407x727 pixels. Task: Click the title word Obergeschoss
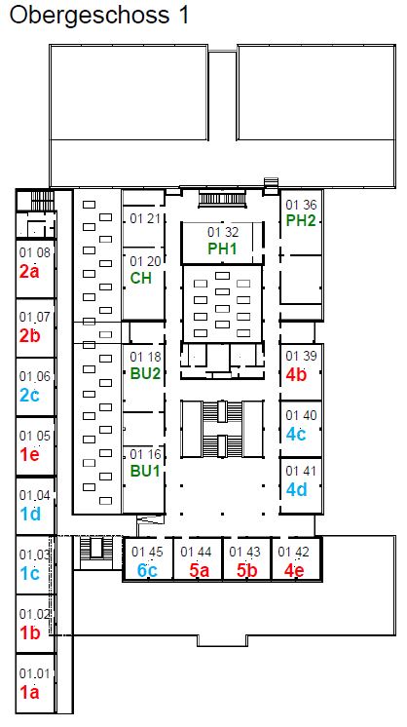pos(90,17)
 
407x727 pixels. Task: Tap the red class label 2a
pos(29,272)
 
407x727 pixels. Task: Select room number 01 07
pos(34,317)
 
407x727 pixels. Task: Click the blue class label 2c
pos(29,395)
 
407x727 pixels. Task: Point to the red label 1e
pos(29,455)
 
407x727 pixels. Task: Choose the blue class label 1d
pos(30,515)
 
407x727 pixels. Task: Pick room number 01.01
pos(34,673)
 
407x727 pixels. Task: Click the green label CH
pos(141,278)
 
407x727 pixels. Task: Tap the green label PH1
pos(222,249)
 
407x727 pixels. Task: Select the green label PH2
pos(301,220)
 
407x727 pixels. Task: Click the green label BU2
pos(145,373)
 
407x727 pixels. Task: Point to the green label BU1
pos(145,471)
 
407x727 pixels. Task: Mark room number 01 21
pos(145,218)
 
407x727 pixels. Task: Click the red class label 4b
pos(296,374)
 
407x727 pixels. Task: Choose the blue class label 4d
pos(296,489)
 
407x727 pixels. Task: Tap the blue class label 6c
pos(147,570)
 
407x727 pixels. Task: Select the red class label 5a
pos(199,570)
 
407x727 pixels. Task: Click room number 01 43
pos(244,552)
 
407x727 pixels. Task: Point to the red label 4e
pos(294,570)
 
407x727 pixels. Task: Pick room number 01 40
pos(301,415)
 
